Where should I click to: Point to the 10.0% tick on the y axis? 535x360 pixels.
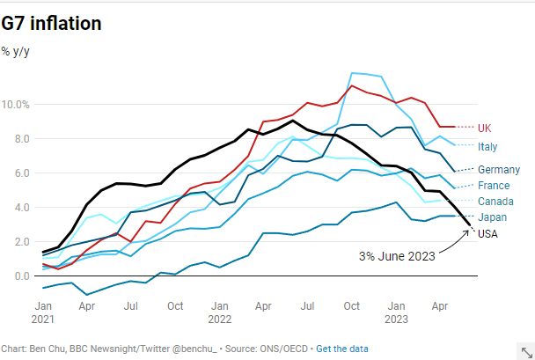coord(17,105)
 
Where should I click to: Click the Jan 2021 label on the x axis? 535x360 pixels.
coord(42,312)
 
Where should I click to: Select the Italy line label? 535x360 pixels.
coord(487,145)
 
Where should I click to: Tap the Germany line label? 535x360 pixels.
coord(498,169)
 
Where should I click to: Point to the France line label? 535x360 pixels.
coord(493,186)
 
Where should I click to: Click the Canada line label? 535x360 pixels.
coord(495,202)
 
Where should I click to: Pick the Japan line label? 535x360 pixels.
coord(491,217)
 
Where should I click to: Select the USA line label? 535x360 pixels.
coord(487,233)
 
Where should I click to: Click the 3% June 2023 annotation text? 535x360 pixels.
coord(397,256)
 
